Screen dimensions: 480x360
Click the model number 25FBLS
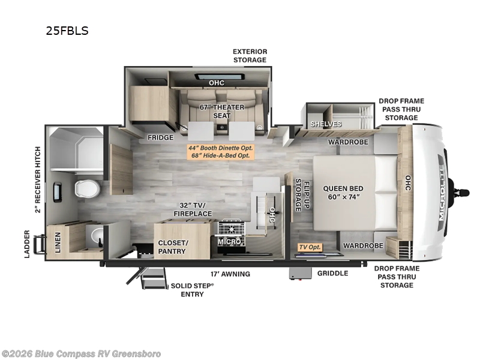pyautogui.click(x=67, y=31)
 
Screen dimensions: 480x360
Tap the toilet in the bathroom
pyautogui.click(x=88, y=188)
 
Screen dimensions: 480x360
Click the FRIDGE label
pyautogui.click(x=160, y=138)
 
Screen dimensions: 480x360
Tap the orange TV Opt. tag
pyautogui.click(x=310, y=247)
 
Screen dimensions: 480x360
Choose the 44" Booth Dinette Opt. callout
pyautogui.click(x=220, y=148)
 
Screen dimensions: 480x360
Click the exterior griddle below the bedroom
pyautogui.click(x=301, y=274)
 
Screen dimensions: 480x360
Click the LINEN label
pyautogui.click(x=58, y=242)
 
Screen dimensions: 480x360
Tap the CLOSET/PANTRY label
pyautogui.click(x=173, y=247)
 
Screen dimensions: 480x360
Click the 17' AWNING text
pyautogui.click(x=230, y=274)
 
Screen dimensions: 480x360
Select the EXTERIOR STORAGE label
pyautogui.click(x=250, y=56)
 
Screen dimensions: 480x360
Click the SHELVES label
pyautogui.click(x=326, y=124)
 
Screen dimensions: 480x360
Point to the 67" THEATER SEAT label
pyautogui.click(x=222, y=112)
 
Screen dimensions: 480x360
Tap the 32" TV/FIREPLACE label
pyautogui.click(x=193, y=209)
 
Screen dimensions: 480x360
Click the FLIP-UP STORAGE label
pyautogui.click(x=302, y=195)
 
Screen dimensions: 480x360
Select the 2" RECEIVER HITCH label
pyautogui.click(x=37, y=179)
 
